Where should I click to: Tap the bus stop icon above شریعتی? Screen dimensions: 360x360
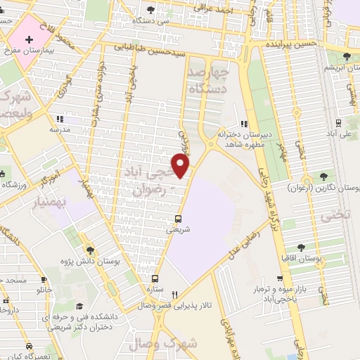(x=179, y=218)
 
